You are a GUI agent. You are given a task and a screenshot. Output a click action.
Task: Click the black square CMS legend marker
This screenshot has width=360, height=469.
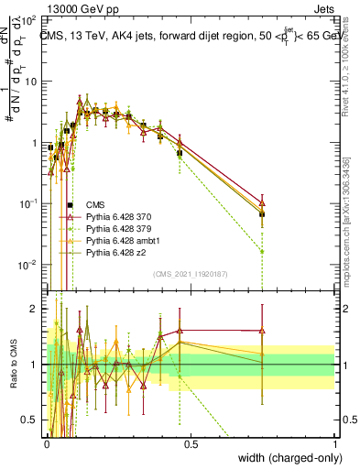pos(70,205)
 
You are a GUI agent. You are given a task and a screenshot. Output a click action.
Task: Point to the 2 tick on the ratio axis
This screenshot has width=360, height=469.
pos(35,309)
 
